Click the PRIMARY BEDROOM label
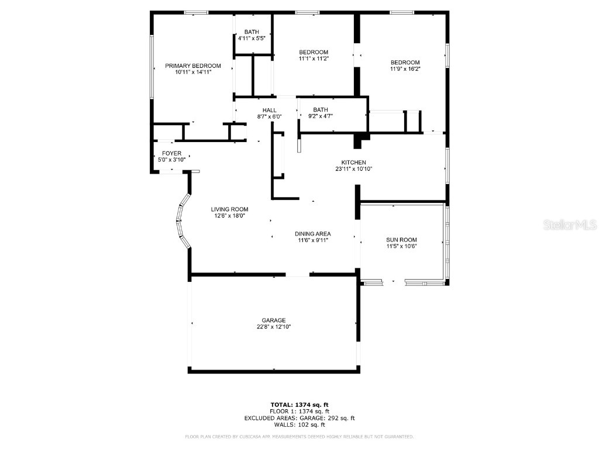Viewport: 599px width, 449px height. (192, 65)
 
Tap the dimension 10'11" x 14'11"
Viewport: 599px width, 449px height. (192, 72)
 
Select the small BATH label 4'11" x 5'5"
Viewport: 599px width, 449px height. (252, 35)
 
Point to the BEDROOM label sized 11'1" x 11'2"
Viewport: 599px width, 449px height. (314, 52)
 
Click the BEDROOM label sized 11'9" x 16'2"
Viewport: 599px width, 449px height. (405, 63)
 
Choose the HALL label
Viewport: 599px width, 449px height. (269, 110)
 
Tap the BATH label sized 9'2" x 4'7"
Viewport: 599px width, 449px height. (320, 110)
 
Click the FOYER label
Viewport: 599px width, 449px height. (172, 153)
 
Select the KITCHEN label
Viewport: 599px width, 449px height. (354, 162)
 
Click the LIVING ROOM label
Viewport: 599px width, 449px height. (230, 209)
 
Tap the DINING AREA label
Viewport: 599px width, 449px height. (313, 233)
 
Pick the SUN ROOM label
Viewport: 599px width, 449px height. (401, 240)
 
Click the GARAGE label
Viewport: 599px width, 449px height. (273, 320)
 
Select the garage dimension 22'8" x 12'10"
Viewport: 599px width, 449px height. (273, 327)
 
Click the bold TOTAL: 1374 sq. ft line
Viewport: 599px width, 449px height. (299, 405)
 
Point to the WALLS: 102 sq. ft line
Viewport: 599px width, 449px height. (299, 425)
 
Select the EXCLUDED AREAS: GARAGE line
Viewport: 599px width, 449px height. (299, 418)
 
